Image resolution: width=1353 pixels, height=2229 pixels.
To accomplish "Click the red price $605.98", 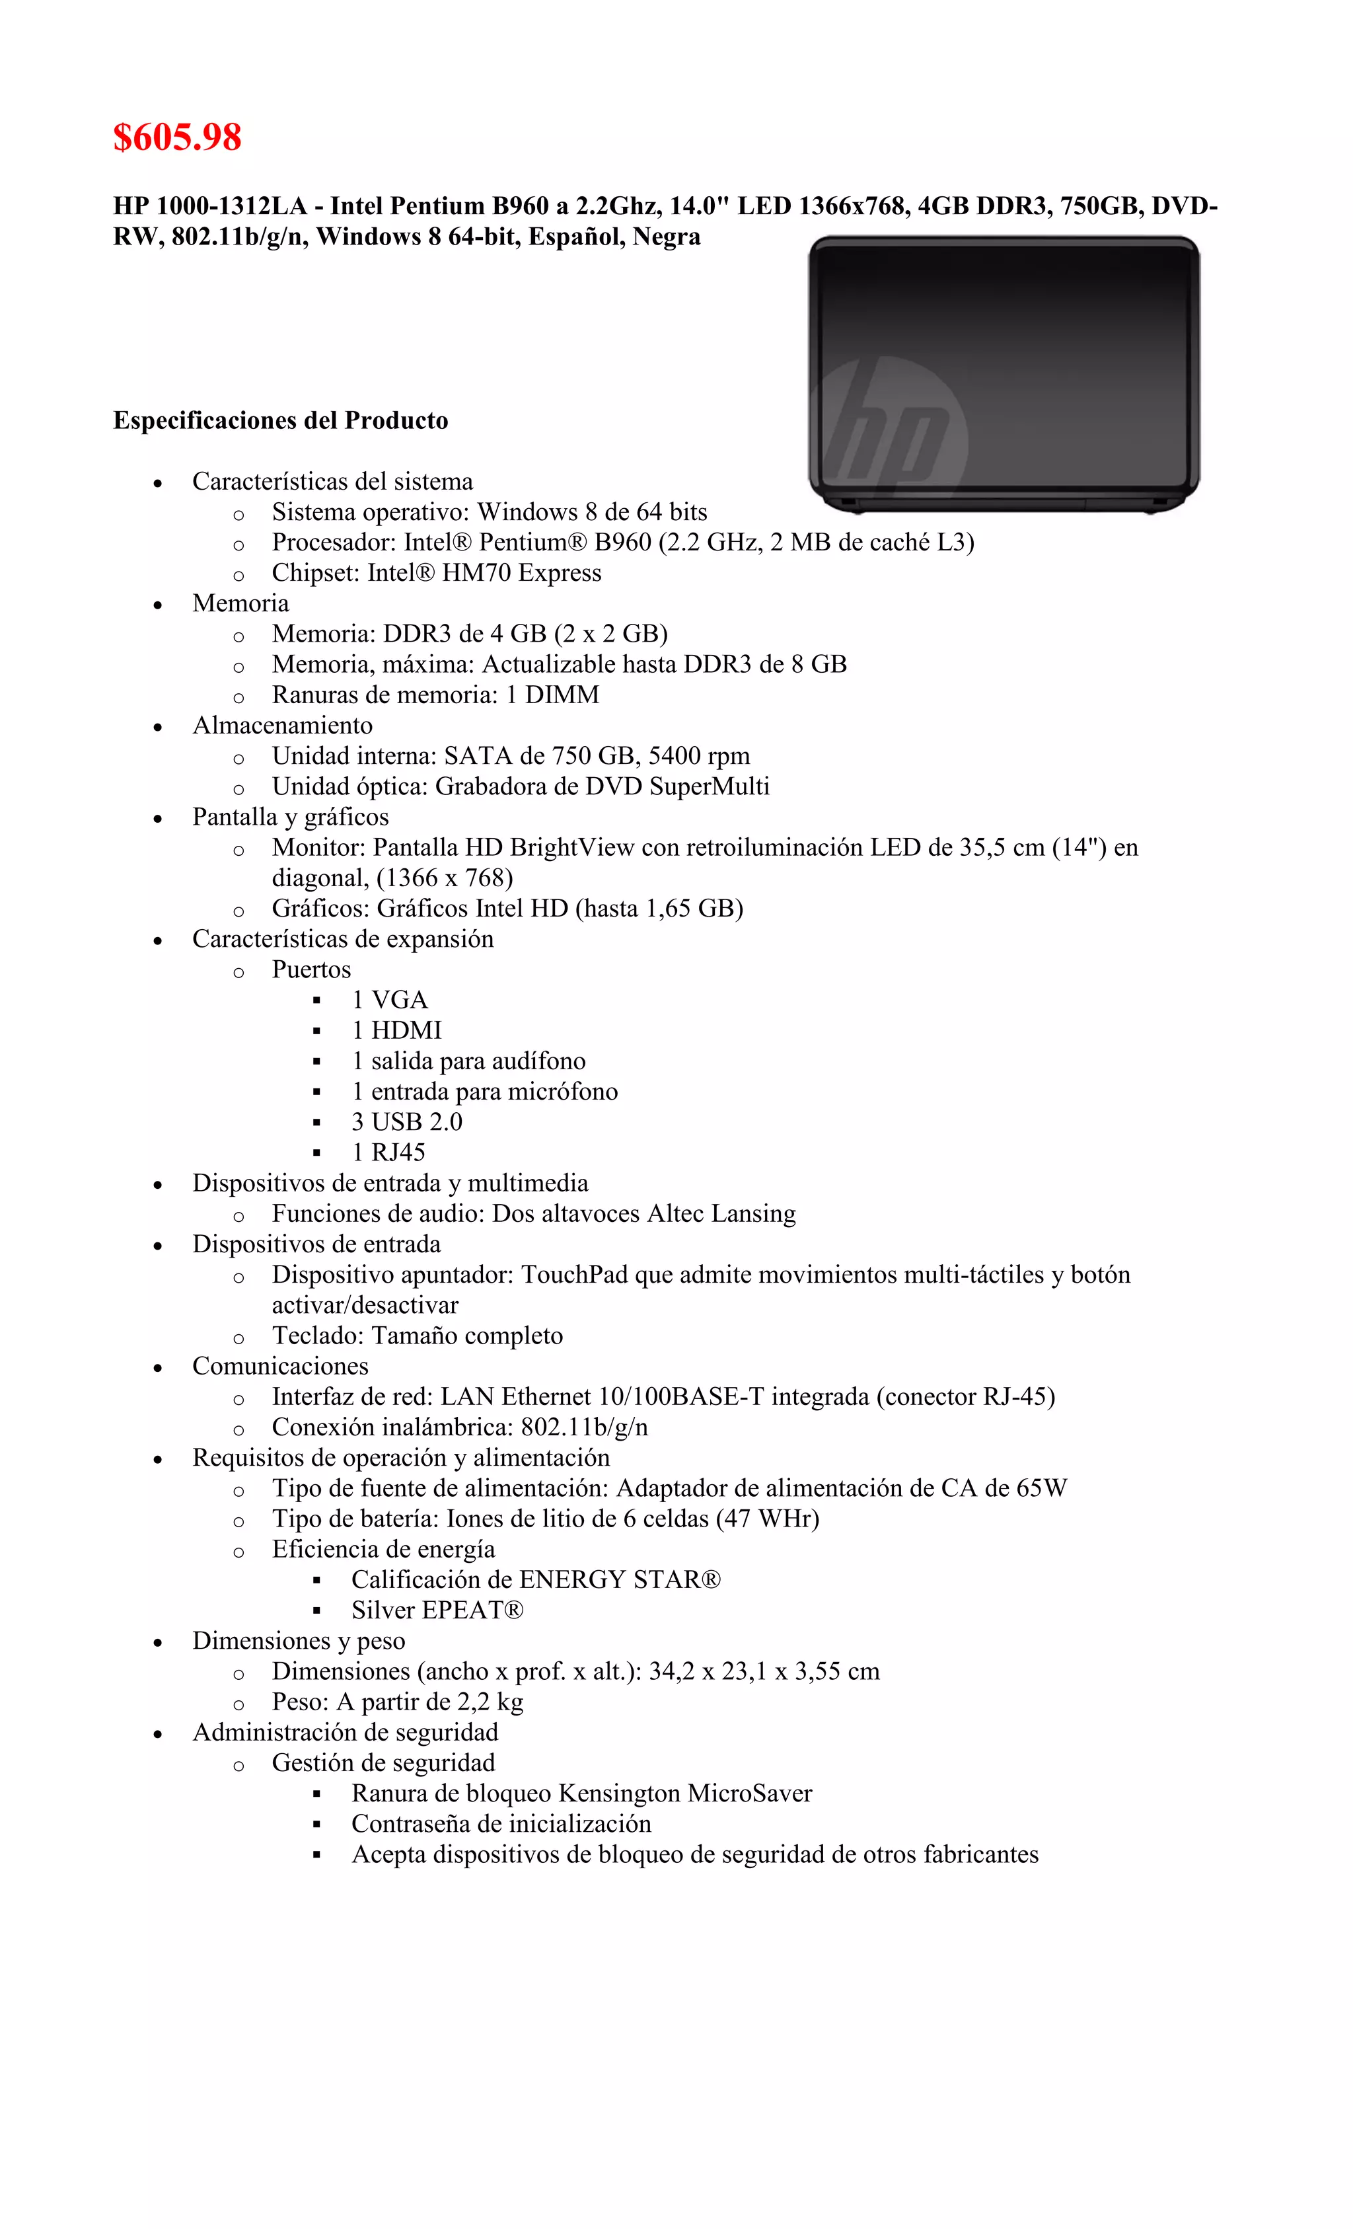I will click(177, 137).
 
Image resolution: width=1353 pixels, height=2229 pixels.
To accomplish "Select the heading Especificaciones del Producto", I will click(280, 421).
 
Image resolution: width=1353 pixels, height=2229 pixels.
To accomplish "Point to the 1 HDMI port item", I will click(397, 1030).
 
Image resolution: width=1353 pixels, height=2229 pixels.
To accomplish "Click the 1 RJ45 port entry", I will click(389, 1152).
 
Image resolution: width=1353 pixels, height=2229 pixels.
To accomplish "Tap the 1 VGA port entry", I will click(390, 1000).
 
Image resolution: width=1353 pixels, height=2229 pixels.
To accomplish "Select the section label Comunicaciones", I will click(280, 1366).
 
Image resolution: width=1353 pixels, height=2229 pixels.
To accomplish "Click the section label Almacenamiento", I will click(282, 726).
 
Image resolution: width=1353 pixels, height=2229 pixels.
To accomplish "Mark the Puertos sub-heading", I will click(311, 969).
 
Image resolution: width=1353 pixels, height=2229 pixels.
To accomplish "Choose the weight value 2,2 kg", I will click(490, 1702).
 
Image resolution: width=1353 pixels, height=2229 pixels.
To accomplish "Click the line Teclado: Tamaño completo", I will click(417, 1336).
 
